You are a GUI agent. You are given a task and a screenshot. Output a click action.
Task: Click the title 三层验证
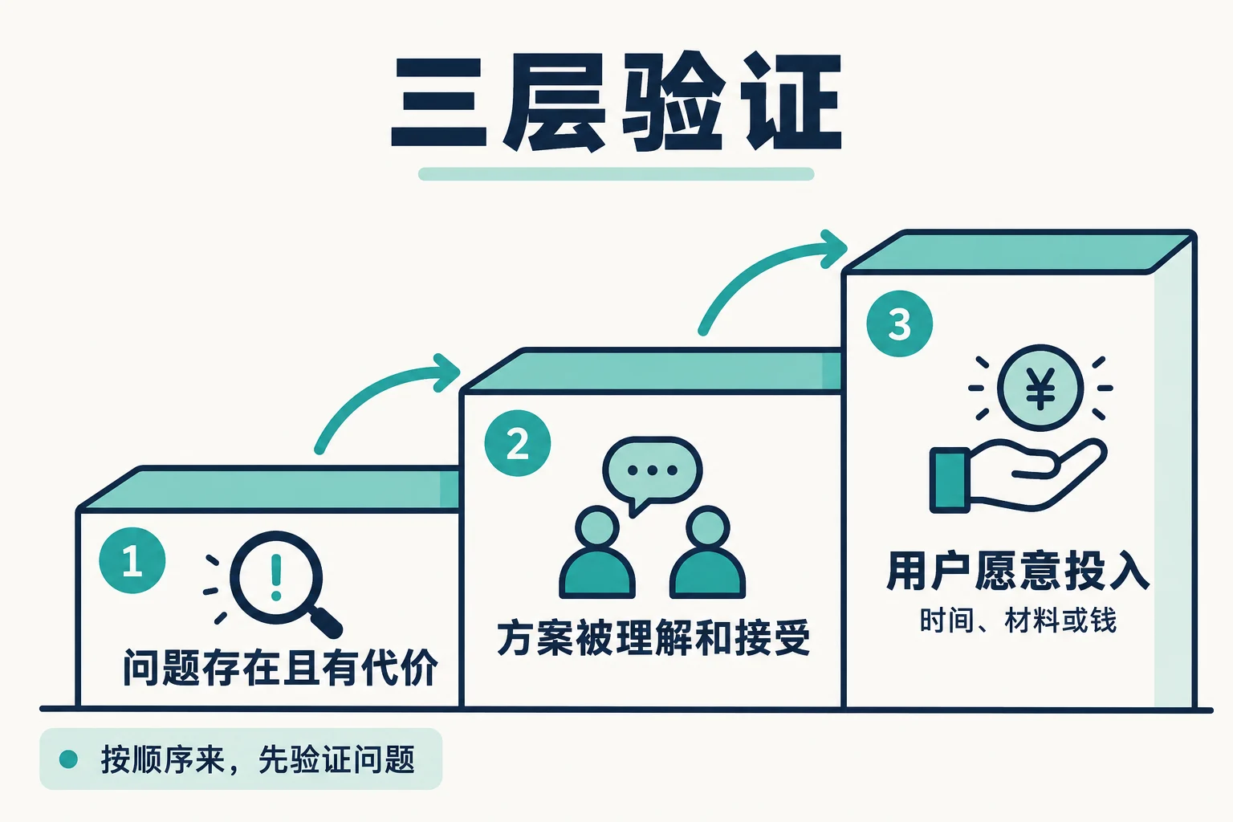616,103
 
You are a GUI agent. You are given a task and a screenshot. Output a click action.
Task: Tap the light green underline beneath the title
616,174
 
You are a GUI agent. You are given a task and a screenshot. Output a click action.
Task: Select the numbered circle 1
132,560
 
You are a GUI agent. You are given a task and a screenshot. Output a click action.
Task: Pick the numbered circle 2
518,443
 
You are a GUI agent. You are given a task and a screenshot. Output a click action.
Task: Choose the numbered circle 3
899,324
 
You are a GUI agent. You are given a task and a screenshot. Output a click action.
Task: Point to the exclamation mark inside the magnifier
276,577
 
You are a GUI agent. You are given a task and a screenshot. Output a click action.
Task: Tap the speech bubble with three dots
653,474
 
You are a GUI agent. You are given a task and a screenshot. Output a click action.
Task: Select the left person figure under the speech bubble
597,552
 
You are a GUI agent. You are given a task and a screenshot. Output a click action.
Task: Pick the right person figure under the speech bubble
708,552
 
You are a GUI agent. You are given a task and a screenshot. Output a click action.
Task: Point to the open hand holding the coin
1019,475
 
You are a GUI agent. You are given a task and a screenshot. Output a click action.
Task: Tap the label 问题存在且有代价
280,667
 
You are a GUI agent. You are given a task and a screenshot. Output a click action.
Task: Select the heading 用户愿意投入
1018,571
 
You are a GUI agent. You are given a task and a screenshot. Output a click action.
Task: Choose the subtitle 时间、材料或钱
1018,621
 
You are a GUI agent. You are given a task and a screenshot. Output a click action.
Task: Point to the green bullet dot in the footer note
68,759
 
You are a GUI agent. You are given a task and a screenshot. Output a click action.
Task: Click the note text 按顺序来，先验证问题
258,759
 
